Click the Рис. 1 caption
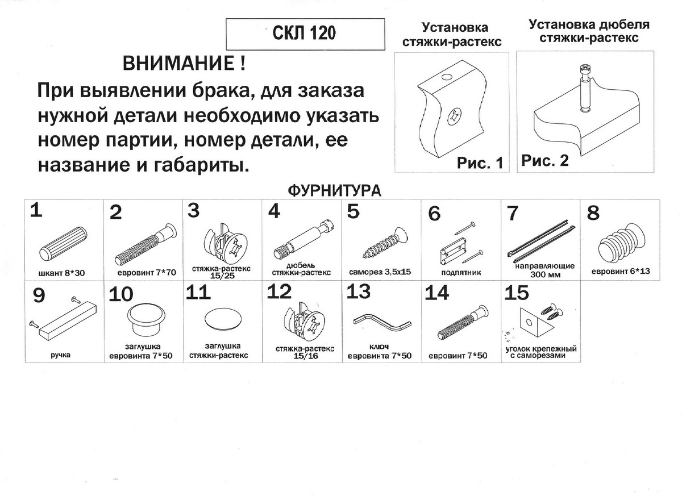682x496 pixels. point(480,164)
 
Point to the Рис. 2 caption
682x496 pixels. point(545,161)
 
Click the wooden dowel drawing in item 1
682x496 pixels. point(65,242)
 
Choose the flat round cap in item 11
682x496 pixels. point(222,318)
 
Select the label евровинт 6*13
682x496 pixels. point(619,272)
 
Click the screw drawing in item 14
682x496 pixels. point(463,322)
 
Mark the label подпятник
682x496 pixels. point(460,273)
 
